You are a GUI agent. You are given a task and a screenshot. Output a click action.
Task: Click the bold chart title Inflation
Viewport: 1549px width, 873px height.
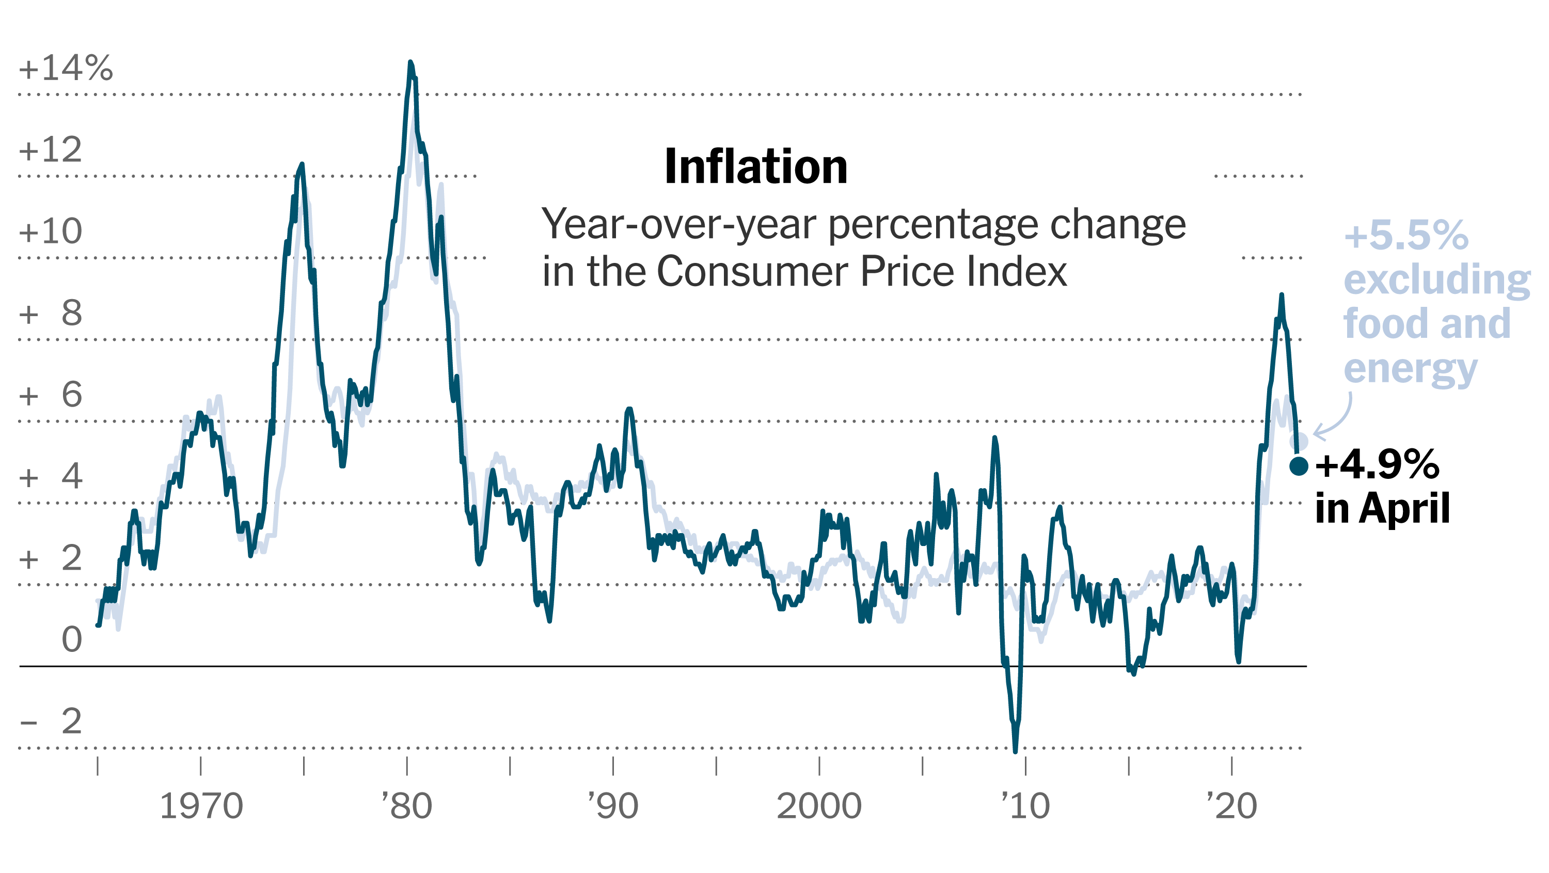pos(755,167)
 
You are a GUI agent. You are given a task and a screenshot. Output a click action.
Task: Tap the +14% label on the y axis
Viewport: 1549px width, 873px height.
pos(66,68)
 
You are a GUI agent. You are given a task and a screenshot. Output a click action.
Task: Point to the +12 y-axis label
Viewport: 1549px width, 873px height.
pos(51,149)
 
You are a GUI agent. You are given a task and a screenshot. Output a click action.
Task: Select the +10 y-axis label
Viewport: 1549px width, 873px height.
pos(51,231)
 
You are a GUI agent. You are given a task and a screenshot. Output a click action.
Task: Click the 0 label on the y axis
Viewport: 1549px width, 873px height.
pos(72,640)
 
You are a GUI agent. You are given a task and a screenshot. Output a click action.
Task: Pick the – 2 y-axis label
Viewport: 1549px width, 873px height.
pos(52,721)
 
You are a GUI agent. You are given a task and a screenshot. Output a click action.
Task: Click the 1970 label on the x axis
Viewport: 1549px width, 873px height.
pos(201,806)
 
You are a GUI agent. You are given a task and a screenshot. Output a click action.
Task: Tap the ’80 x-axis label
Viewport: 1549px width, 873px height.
pos(407,806)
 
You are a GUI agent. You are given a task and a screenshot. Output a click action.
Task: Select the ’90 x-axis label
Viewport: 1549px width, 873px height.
pos(613,806)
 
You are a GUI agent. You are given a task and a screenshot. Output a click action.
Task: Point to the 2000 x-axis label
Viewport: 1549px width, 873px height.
pos(819,806)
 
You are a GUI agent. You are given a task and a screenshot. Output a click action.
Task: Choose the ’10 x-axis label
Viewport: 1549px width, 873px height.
pos(1025,806)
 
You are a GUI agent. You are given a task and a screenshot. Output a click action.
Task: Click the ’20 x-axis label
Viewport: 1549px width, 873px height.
pos(1231,806)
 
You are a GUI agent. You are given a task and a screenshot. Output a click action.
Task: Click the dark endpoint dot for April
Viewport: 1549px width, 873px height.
pos(1299,466)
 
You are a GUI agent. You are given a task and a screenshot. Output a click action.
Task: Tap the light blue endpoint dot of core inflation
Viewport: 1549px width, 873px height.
pos(1299,442)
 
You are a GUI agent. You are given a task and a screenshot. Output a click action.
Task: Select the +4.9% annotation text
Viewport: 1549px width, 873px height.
pos(1377,464)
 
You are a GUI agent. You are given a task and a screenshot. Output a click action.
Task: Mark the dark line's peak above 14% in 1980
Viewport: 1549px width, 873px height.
pos(410,63)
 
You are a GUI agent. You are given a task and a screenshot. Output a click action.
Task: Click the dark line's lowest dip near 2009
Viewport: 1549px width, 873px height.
pos(1016,750)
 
